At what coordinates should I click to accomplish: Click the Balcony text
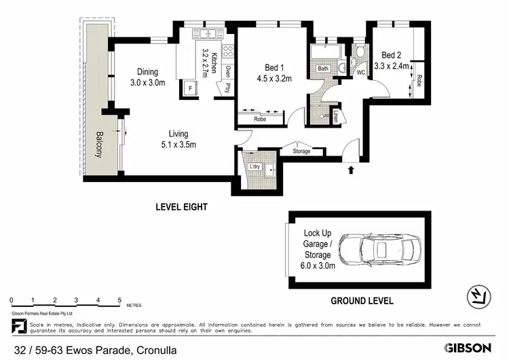(x=99, y=144)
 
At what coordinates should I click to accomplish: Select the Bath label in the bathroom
(x=323, y=69)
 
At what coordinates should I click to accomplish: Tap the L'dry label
(x=255, y=166)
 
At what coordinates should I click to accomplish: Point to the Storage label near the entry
(x=301, y=151)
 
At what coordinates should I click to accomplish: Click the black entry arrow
(x=351, y=170)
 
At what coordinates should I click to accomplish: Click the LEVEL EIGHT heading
(x=181, y=206)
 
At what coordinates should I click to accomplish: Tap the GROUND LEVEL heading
(x=361, y=300)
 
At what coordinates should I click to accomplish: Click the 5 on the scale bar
(x=119, y=300)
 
